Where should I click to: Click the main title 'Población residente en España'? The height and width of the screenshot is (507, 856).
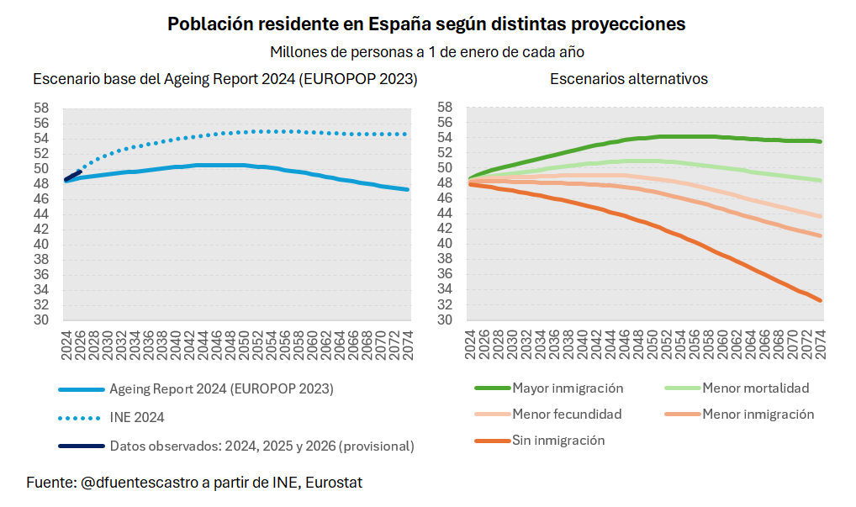pos(426,24)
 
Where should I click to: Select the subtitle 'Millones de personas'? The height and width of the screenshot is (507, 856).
pos(426,51)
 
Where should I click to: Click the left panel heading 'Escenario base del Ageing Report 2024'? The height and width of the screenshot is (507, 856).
pos(225,79)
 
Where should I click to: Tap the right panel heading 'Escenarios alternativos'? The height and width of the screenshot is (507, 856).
pos(628,79)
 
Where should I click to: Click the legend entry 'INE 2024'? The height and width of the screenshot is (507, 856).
pos(137,418)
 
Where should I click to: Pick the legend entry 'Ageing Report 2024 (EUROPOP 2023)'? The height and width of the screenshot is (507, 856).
pos(221,389)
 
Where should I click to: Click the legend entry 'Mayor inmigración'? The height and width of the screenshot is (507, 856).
pos(568,388)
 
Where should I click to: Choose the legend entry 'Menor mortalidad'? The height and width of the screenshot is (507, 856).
pos(755,388)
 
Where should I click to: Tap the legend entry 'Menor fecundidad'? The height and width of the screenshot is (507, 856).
pos(567,415)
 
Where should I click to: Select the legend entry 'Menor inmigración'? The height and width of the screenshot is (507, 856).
pos(758,415)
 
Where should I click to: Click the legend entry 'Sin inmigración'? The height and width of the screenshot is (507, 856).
pos(558,441)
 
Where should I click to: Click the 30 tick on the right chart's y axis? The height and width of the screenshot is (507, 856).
pos(446,320)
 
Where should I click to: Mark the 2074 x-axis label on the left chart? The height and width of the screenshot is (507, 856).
pos(408,345)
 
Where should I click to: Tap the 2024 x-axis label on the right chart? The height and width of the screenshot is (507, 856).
pos(470,345)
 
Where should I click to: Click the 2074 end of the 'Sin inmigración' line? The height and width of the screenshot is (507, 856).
pos(820,300)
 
